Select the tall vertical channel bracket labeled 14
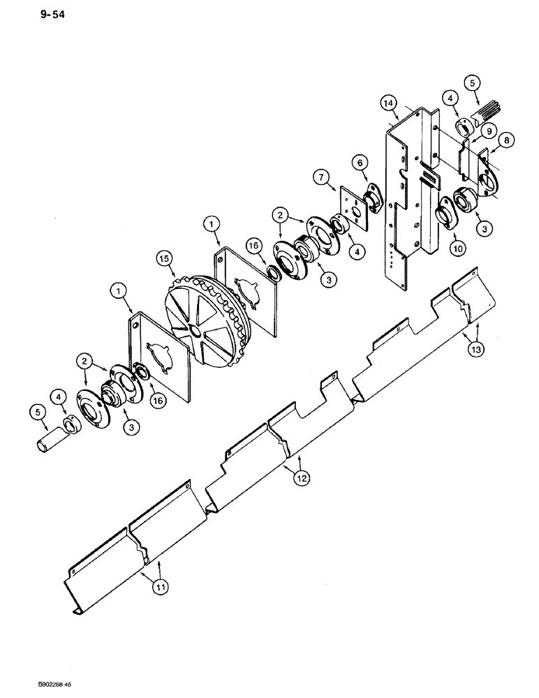click(412, 195)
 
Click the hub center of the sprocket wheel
click(193, 328)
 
